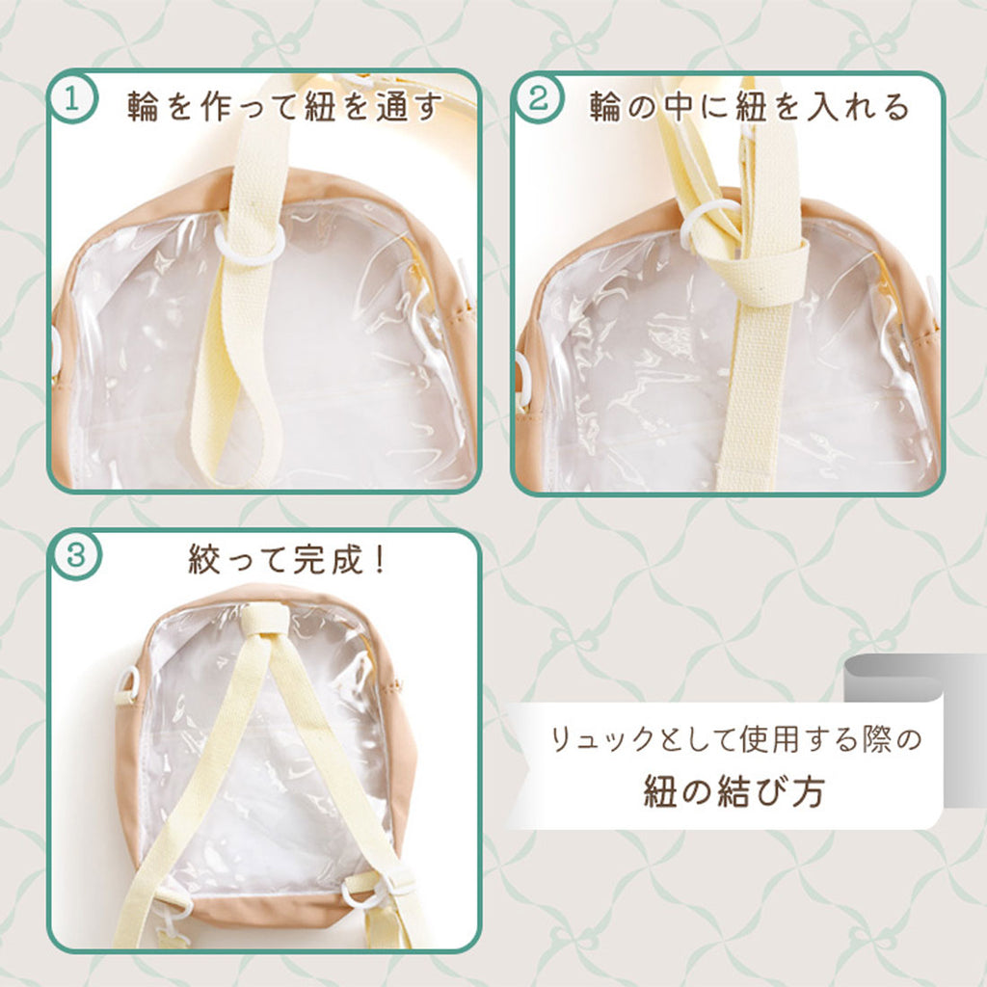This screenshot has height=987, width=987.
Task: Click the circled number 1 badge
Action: (72, 99)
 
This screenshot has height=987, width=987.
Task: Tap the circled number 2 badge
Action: (538, 99)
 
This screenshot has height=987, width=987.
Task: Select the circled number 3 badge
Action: (75, 555)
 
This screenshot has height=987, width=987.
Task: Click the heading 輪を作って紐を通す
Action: (285, 106)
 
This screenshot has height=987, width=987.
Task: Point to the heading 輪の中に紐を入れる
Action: (749, 106)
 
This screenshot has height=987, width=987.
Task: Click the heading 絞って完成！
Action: (286, 559)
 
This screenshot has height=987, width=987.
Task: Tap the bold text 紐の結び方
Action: (734, 790)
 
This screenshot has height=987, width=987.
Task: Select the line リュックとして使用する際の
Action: (735, 739)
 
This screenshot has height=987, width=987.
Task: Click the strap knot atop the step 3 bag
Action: (264, 620)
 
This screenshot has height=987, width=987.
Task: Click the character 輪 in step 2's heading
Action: (604, 106)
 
